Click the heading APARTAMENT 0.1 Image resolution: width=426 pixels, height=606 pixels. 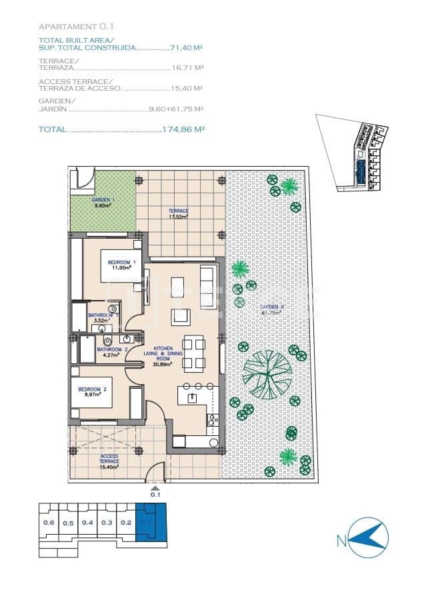(77, 27)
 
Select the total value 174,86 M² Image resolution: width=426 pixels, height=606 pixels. (183, 129)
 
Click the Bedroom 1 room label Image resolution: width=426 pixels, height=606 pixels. (121, 265)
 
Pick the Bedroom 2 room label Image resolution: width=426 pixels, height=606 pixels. (89, 391)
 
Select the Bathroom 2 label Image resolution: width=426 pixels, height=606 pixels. (111, 351)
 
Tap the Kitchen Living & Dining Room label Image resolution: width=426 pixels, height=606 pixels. (163, 357)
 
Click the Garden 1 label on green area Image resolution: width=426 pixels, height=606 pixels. (103, 203)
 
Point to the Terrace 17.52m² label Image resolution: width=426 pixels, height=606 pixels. (178, 213)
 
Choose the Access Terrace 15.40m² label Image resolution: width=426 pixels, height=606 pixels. (109, 461)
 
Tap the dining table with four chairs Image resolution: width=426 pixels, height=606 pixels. (194, 354)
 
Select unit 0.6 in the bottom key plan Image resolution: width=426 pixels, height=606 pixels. (49, 523)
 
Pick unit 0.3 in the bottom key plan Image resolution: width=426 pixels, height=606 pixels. (107, 523)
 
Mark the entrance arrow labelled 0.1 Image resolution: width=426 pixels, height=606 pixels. (155, 489)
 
